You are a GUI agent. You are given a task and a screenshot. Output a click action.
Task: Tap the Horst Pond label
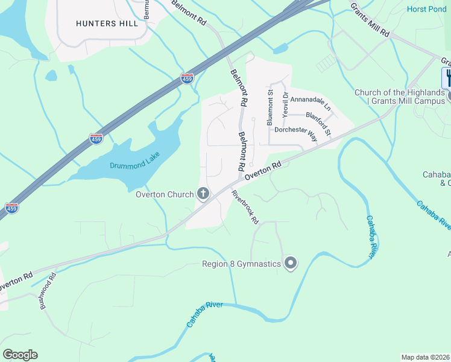426,9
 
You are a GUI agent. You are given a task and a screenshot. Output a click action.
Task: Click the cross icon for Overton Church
204,194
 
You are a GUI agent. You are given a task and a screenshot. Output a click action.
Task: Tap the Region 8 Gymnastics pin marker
291,264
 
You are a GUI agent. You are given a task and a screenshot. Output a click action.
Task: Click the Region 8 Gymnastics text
241,264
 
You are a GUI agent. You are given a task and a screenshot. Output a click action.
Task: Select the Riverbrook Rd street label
245,208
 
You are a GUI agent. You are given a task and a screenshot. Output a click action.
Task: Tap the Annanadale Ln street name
311,103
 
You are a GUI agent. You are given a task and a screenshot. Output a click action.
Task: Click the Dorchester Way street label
296,133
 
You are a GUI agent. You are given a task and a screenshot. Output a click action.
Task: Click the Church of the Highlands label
400,97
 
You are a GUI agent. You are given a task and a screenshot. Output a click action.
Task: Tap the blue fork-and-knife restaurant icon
447,78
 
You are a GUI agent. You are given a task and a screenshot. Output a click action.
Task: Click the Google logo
20,355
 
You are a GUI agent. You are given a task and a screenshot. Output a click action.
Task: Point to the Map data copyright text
425,357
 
